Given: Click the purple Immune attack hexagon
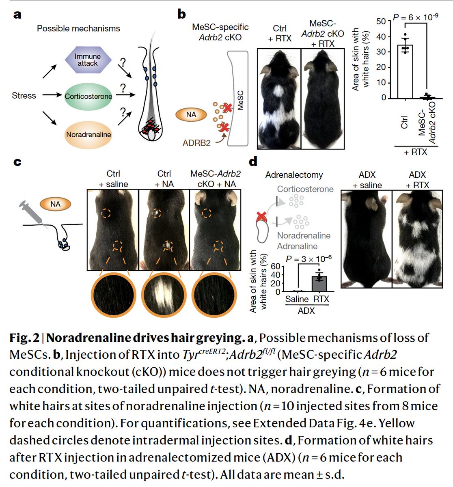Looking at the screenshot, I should (88, 60).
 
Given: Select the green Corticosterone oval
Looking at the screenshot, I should (88, 96).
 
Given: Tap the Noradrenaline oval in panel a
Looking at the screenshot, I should (88, 134).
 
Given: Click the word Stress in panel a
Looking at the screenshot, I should (24, 96).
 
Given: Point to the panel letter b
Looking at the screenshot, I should (181, 15).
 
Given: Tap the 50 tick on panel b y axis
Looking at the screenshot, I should (381, 21).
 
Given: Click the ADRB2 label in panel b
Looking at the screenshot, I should (197, 142).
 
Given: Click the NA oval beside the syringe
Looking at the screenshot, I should (55, 204).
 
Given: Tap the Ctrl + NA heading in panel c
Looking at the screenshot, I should (164, 179).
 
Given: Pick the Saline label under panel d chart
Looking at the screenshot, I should (297, 300).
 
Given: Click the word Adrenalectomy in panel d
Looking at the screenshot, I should (294, 175).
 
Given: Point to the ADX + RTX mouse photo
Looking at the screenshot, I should (417, 239).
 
